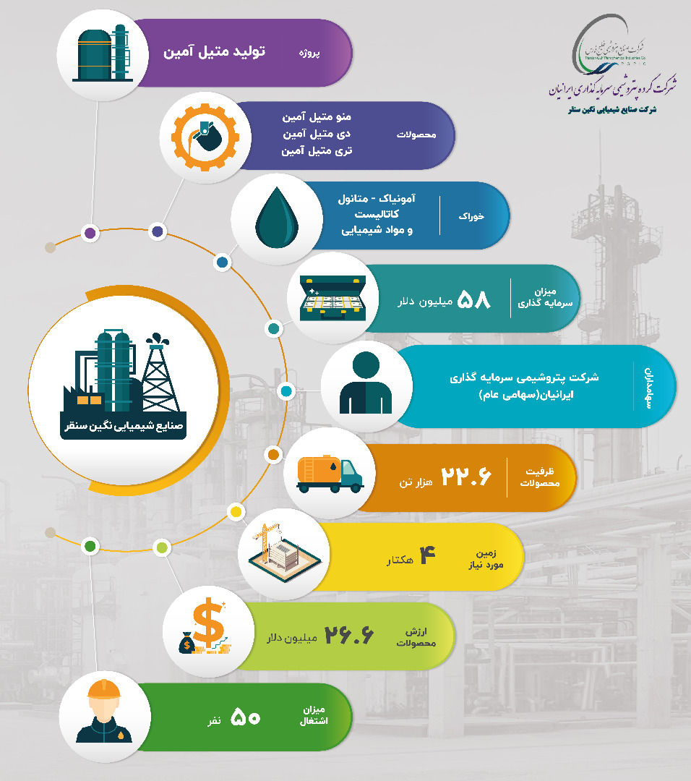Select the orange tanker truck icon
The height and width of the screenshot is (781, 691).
(330, 474)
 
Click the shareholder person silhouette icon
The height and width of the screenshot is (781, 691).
(366, 384)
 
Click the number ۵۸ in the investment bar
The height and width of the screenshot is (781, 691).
(474, 299)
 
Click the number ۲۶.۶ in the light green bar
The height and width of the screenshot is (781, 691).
(348, 636)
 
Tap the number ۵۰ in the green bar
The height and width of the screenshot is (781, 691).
(245, 717)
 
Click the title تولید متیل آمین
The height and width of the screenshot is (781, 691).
(215, 53)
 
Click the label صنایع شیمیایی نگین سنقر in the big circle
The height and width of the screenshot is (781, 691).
(123, 426)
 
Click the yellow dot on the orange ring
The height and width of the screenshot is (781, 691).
(234, 512)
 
